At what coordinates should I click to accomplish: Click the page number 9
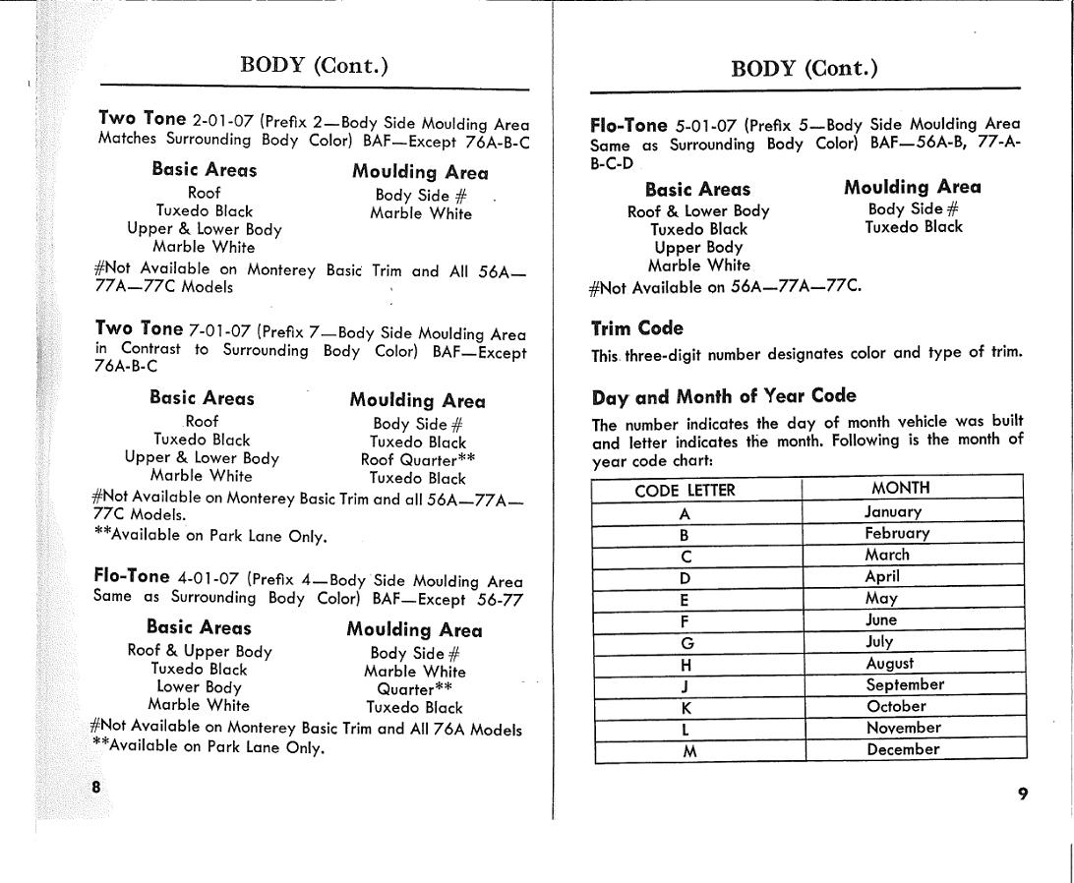pos(1023,794)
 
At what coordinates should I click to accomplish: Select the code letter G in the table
pos(687,643)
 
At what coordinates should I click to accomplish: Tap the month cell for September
pos(904,684)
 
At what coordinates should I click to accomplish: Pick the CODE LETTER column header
pos(685,491)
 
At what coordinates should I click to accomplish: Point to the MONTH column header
pos(900,488)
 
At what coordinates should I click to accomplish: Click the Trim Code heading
pos(636,328)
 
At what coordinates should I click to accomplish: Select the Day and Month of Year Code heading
pos(724,396)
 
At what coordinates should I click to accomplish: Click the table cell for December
pos(902,749)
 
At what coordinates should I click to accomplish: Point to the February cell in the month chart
pos(896,533)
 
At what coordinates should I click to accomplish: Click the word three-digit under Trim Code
pos(666,355)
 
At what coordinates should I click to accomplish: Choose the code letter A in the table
pos(686,512)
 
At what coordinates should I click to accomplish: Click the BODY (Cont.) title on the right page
pos(804,68)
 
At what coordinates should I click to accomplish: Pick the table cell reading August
pos(889,664)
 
